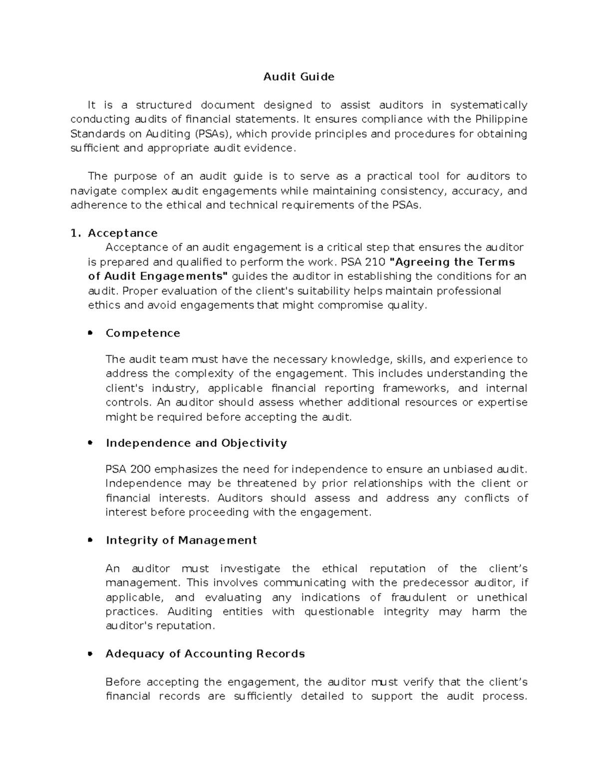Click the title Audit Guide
click(299, 77)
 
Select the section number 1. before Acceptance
click(75, 234)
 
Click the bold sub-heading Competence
click(143, 333)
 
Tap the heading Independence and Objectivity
click(196, 443)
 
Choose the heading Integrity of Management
click(181, 540)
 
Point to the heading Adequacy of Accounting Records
click(205, 654)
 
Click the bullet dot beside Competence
click(90, 333)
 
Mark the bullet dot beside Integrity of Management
click(90, 540)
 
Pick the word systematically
click(488, 105)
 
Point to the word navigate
click(93, 191)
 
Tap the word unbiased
click(466, 469)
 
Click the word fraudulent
click(419, 597)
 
